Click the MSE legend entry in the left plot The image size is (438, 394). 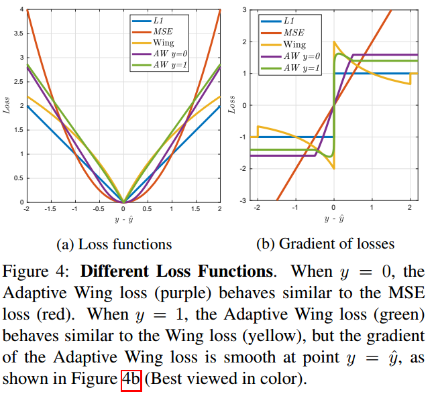coord(161,31)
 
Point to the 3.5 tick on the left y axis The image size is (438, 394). coord(19,34)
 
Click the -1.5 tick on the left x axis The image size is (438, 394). coord(50,209)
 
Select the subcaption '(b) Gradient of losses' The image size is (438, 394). coord(326,244)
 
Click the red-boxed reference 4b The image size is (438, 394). coord(131,379)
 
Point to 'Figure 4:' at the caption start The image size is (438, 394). coord(40,272)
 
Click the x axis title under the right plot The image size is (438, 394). coord(333,219)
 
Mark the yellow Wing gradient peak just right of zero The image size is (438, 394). coord(335,42)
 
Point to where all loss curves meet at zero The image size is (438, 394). coord(123,201)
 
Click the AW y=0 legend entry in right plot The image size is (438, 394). coord(302,56)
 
